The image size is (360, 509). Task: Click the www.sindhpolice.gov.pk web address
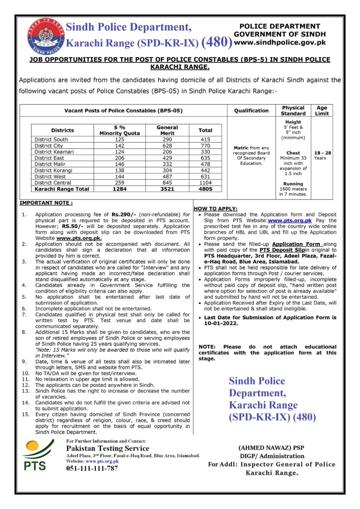click(x=280, y=42)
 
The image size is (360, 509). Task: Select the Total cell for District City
click(x=205, y=146)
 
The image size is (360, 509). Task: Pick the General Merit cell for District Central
click(x=167, y=183)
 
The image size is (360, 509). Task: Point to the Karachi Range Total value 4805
click(x=205, y=189)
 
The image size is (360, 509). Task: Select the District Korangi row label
click(x=53, y=170)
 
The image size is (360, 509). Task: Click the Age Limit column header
click(x=322, y=111)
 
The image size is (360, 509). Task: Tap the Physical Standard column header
click(x=293, y=111)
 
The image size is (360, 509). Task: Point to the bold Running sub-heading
click(x=293, y=184)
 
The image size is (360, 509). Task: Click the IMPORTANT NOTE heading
click(x=46, y=203)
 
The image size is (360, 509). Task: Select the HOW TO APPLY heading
click(x=215, y=209)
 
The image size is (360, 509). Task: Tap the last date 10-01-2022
click(x=221, y=324)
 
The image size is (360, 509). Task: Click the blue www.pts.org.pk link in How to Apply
click(x=290, y=220)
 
